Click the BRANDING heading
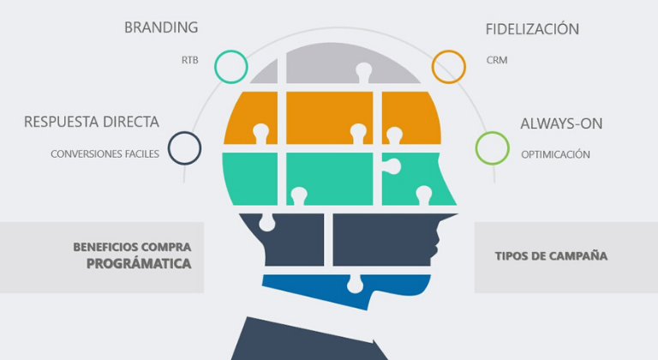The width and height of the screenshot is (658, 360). coord(161,27)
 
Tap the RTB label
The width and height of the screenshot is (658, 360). coord(189,61)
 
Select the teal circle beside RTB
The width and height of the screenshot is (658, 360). coord(230,66)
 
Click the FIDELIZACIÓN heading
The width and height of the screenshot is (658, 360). coord(532,29)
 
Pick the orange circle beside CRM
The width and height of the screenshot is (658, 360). coord(448,66)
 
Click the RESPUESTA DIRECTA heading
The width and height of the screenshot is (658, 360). coord(92,122)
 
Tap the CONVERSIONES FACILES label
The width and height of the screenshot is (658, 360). coord(105,154)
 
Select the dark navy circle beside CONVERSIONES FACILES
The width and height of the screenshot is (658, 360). coord(184,147)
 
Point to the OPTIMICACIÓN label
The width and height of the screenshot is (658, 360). coord(555,154)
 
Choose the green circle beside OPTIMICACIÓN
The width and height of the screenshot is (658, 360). coord(492,147)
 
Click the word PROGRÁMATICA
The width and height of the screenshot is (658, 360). coord(139,264)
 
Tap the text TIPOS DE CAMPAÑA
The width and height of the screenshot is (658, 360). coord(551,255)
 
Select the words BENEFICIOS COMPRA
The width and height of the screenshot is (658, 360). coord(132,247)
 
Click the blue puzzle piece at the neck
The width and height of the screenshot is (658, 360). coord(343,287)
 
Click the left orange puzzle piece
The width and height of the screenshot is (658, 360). coord(250,118)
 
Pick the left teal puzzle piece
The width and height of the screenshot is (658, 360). coord(250,177)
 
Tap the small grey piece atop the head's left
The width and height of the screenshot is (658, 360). coord(266,73)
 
